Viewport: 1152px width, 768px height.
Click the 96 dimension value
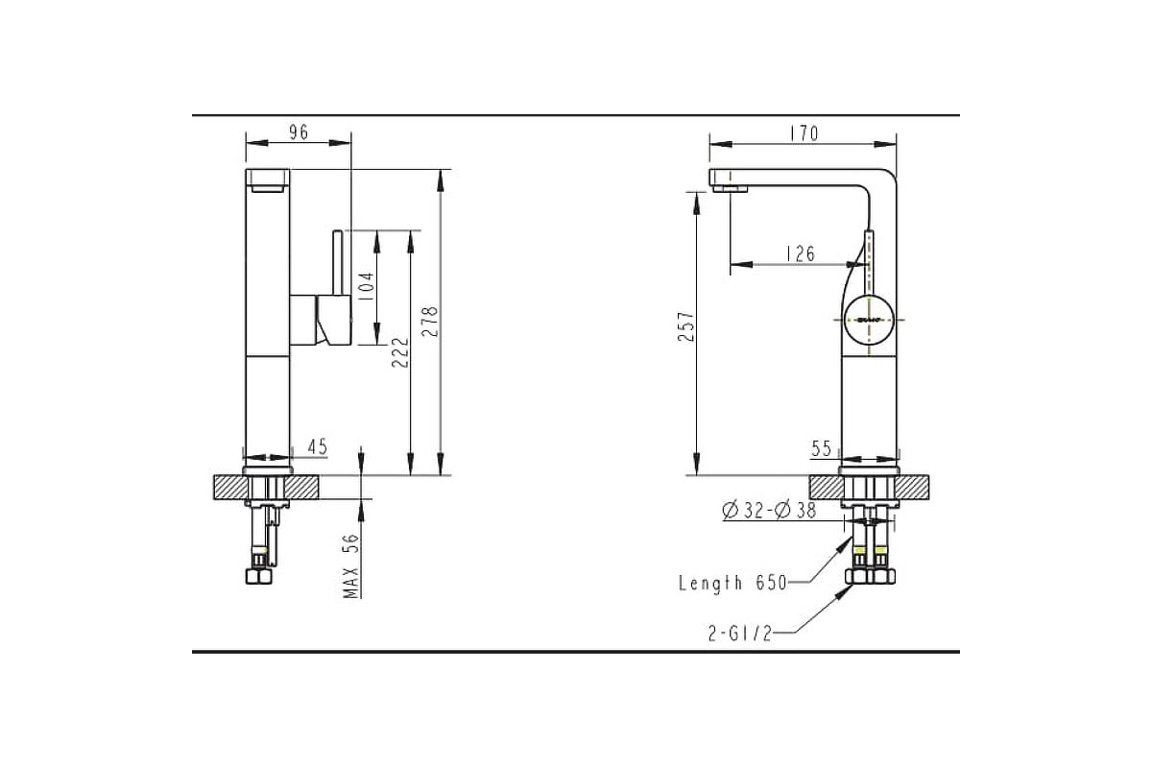pyautogui.click(x=299, y=132)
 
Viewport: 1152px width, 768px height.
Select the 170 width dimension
pyautogui.click(x=804, y=133)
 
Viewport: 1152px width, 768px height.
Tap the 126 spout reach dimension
pyautogui.click(x=801, y=253)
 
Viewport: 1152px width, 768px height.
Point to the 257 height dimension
pyautogui.click(x=686, y=326)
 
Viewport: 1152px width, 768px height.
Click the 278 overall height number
pyautogui.click(x=429, y=322)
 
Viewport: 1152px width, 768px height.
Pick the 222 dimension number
pyautogui.click(x=400, y=352)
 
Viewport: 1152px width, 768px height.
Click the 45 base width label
pyautogui.click(x=318, y=446)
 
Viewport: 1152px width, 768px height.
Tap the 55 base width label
pyautogui.click(x=821, y=448)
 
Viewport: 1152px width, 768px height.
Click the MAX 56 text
pyautogui.click(x=350, y=565)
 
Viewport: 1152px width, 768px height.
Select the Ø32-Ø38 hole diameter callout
pyautogui.click(x=769, y=511)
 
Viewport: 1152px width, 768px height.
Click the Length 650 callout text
pyautogui.click(x=732, y=583)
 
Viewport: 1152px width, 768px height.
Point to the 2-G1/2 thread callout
pyautogui.click(x=740, y=634)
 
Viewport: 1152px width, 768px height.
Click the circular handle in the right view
pyautogui.click(x=869, y=320)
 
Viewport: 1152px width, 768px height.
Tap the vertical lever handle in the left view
pyautogui.click(x=338, y=263)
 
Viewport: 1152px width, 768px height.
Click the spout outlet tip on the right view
pyautogui.click(x=730, y=189)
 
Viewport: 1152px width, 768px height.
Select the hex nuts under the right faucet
pyautogui.click(x=870, y=576)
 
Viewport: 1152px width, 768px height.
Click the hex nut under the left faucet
pyautogui.click(x=258, y=576)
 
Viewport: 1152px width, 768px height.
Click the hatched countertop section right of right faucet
pyautogui.click(x=912, y=487)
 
